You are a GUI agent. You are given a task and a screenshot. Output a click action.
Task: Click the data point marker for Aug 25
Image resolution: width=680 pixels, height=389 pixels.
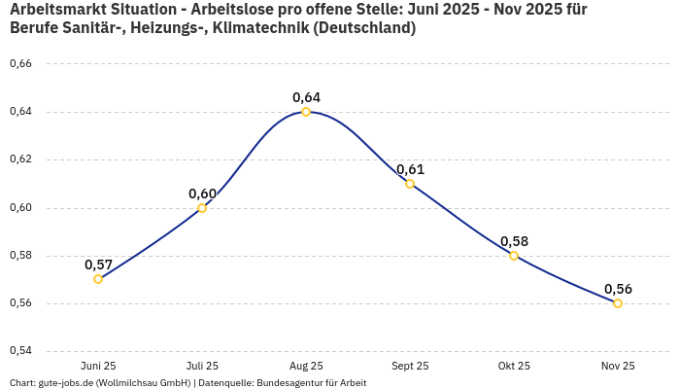[x=306, y=112]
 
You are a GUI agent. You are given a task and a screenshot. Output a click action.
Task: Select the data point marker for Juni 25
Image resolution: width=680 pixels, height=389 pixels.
[x=98, y=279]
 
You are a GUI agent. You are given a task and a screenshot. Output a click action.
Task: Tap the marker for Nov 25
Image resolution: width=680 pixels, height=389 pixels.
[x=618, y=303]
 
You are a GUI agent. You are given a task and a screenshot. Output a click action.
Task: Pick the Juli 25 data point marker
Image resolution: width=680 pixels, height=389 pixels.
[x=202, y=208]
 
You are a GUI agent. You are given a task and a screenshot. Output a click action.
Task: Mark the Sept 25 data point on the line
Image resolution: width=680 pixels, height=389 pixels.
[x=410, y=184]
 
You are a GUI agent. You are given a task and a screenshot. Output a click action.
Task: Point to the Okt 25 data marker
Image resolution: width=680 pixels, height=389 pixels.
[x=514, y=256]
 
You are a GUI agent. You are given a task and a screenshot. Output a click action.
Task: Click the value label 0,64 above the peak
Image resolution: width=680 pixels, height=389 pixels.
[x=306, y=97]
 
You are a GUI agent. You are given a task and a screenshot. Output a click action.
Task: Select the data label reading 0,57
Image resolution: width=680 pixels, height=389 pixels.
[x=98, y=265]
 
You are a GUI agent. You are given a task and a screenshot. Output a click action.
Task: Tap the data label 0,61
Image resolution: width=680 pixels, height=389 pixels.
[x=410, y=169]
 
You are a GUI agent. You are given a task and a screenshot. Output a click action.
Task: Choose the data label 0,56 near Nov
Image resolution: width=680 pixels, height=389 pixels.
[x=618, y=289]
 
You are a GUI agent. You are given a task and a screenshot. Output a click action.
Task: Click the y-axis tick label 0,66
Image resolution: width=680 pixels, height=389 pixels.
[x=20, y=64]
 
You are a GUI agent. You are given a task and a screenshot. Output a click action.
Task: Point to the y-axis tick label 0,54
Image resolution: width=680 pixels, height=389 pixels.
[x=20, y=350]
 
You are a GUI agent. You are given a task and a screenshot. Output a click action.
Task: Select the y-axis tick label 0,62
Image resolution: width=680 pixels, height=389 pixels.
[x=20, y=159]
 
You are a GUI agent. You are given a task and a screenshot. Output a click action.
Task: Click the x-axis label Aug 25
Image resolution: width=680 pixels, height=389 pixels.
[x=306, y=366]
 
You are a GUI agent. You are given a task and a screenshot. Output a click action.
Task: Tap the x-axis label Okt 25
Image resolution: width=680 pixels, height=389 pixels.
[x=514, y=366]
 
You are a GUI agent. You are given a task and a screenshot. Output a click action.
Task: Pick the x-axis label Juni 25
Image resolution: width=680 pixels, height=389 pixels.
[x=98, y=366]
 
